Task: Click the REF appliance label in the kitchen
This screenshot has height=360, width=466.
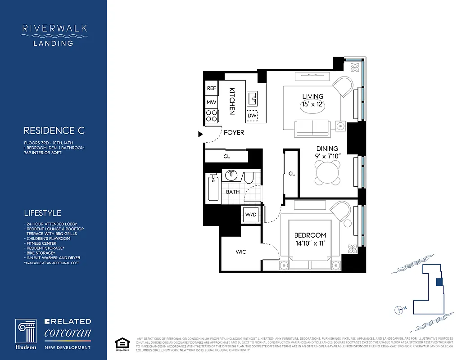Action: point(212,89)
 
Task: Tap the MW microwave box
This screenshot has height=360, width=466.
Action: point(212,103)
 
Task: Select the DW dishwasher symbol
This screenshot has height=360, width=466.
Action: point(252,116)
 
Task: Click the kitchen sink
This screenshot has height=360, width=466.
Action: point(252,97)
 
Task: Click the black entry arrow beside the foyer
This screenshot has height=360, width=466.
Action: point(200,134)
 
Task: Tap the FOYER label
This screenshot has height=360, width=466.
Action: point(234,133)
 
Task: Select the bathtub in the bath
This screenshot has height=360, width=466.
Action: point(214,189)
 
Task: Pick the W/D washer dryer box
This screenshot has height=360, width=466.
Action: point(250,214)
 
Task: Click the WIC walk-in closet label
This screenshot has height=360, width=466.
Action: point(240,252)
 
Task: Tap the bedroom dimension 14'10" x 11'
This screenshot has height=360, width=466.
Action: point(310,243)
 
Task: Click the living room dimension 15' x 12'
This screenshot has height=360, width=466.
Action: point(312,104)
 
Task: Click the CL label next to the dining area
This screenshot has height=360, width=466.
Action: point(292,174)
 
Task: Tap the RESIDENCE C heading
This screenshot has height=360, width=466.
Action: point(54,131)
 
